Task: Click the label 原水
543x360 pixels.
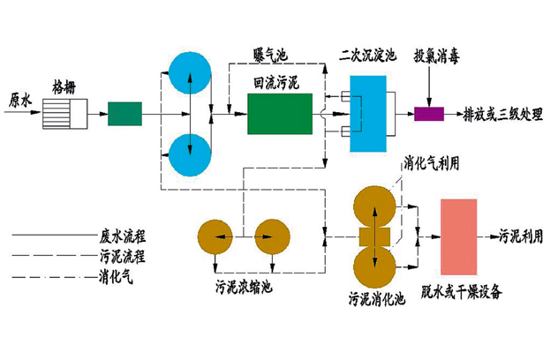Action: pyautogui.click(x=19, y=99)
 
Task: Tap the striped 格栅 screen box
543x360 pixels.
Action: pyautogui.click(x=64, y=113)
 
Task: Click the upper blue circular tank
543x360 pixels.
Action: pyautogui.click(x=189, y=73)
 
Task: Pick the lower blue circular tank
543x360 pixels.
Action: pyautogui.click(x=189, y=152)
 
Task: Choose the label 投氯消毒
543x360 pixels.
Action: pyautogui.click(x=438, y=54)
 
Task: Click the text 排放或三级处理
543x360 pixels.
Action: pyautogui.click(x=499, y=115)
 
